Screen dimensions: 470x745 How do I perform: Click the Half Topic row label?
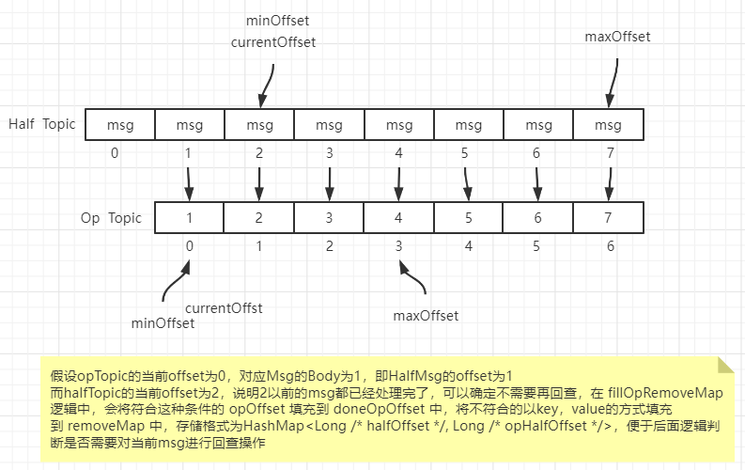(x=41, y=124)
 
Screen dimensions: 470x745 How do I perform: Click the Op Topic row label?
(x=111, y=217)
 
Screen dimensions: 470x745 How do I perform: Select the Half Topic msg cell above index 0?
(x=119, y=125)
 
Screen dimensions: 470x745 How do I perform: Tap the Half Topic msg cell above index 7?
(x=608, y=125)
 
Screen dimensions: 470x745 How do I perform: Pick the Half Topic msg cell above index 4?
(x=399, y=125)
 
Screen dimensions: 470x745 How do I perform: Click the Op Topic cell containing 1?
(x=189, y=218)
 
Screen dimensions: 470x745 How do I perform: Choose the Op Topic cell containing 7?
(x=608, y=218)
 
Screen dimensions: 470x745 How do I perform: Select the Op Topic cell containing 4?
(x=399, y=218)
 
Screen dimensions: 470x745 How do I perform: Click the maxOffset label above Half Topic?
(x=617, y=37)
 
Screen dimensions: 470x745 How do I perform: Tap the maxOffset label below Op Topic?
(x=426, y=315)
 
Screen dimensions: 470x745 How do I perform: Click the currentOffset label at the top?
(x=273, y=42)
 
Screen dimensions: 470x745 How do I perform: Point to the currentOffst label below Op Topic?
(x=224, y=307)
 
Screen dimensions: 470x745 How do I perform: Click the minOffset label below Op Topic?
(x=163, y=323)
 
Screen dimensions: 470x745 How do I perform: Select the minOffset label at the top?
(x=278, y=20)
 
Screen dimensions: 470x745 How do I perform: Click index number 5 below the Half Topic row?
(x=466, y=152)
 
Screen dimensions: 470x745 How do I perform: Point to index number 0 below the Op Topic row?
(x=189, y=245)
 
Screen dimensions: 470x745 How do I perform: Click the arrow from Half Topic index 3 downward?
(x=329, y=179)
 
